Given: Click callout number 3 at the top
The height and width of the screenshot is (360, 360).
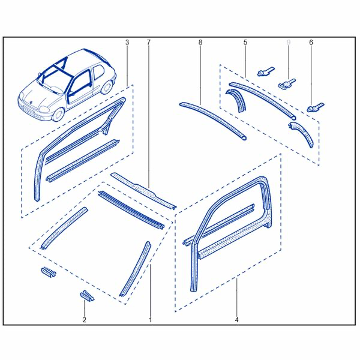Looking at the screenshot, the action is pyautogui.click(x=127, y=43).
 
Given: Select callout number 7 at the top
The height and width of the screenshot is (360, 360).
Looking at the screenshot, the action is pyautogui.click(x=149, y=43).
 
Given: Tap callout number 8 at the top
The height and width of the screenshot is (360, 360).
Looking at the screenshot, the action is pyautogui.click(x=200, y=43).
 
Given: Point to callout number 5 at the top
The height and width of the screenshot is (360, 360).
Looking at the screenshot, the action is pyautogui.click(x=245, y=43).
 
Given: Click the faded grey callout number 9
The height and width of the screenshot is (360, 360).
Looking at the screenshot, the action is pyautogui.click(x=289, y=43).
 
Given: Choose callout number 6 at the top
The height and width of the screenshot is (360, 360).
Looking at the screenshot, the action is pyautogui.click(x=311, y=43).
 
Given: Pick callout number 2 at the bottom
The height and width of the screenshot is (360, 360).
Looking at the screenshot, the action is pyautogui.click(x=84, y=320).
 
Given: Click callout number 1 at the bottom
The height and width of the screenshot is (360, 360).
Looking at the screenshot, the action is pyautogui.click(x=151, y=320).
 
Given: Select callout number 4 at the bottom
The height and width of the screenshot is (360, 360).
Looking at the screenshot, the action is pyautogui.click(x=237, y=320).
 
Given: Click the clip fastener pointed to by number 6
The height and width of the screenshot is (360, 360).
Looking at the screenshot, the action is pyautogui.click(x=315, y=107).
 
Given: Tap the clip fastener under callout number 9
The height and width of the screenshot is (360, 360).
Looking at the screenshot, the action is pyautogui.click(x=287, y=84).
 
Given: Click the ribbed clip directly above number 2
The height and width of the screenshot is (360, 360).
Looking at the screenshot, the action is pyautogui.click(x=87, y=295).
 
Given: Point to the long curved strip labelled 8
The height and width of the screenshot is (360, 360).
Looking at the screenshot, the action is pyautogui.click(x=212, y=121).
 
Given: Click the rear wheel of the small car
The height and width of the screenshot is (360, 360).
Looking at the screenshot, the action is pyautogui.click(x=107, y=88).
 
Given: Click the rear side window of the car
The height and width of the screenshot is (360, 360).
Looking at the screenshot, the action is pyautogui.click(x=98, y=72).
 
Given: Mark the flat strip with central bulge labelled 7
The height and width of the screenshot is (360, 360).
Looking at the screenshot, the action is pyautogui.click(x=144, y=191).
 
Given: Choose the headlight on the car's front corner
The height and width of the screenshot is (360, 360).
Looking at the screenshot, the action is pyautogui.click(x=44, y=109).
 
